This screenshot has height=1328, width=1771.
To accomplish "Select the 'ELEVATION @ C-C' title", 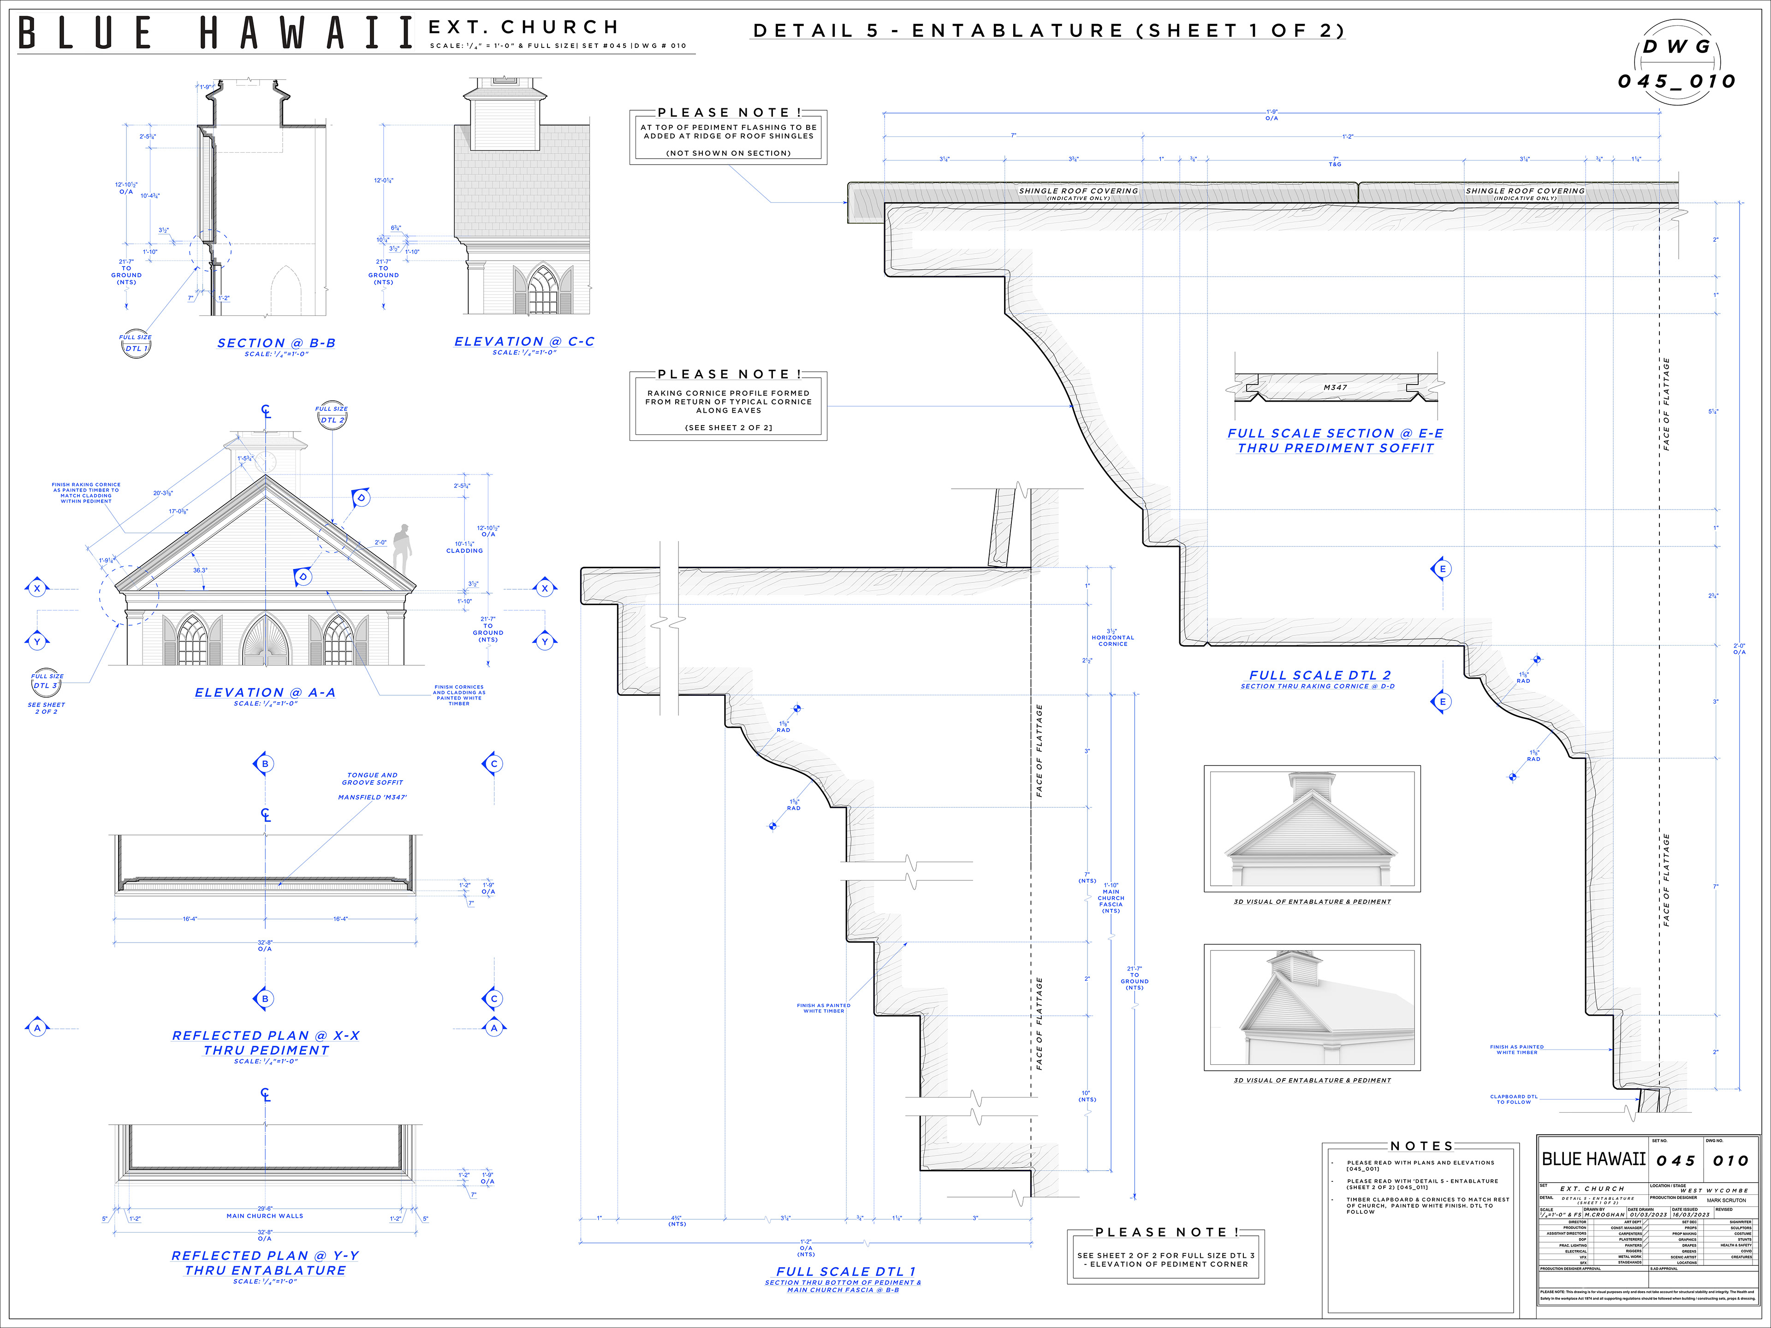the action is point(524,342).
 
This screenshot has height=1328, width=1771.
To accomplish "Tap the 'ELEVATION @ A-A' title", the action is point(265,693).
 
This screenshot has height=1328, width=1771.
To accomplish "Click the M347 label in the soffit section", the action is point(1335,387).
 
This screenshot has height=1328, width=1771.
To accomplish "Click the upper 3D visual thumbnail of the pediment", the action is point(1312,829).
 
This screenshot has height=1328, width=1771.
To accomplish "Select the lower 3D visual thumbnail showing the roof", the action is point(1312,1007).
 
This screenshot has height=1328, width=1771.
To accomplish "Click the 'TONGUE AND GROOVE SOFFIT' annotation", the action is point(372,779).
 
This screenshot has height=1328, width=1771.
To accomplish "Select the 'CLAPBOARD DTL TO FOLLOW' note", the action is point(1513,1099).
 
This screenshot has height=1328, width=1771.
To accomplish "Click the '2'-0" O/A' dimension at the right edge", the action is point(1739,649).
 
